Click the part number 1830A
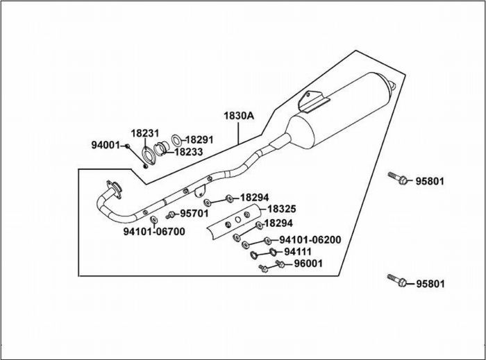tap(238, 116)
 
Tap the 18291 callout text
tap(199, 139)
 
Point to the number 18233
tap(188, 151)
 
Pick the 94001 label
tap(106, 145)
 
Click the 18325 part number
tap(282, 208)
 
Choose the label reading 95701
tap(194, 214)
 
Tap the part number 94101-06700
tap(154, 232)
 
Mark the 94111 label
tap(297, 252)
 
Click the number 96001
tap(308, 264)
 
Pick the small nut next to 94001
tap(128, 146)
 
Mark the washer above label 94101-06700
tap(153, 221)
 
